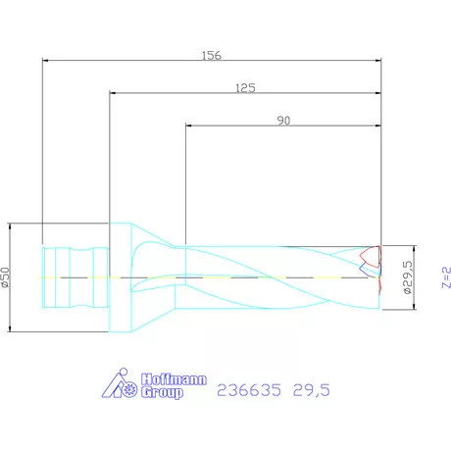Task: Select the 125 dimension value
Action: tap(245, 88)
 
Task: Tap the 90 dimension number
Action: tap(283, 121)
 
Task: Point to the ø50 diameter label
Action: tap(7, 277)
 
